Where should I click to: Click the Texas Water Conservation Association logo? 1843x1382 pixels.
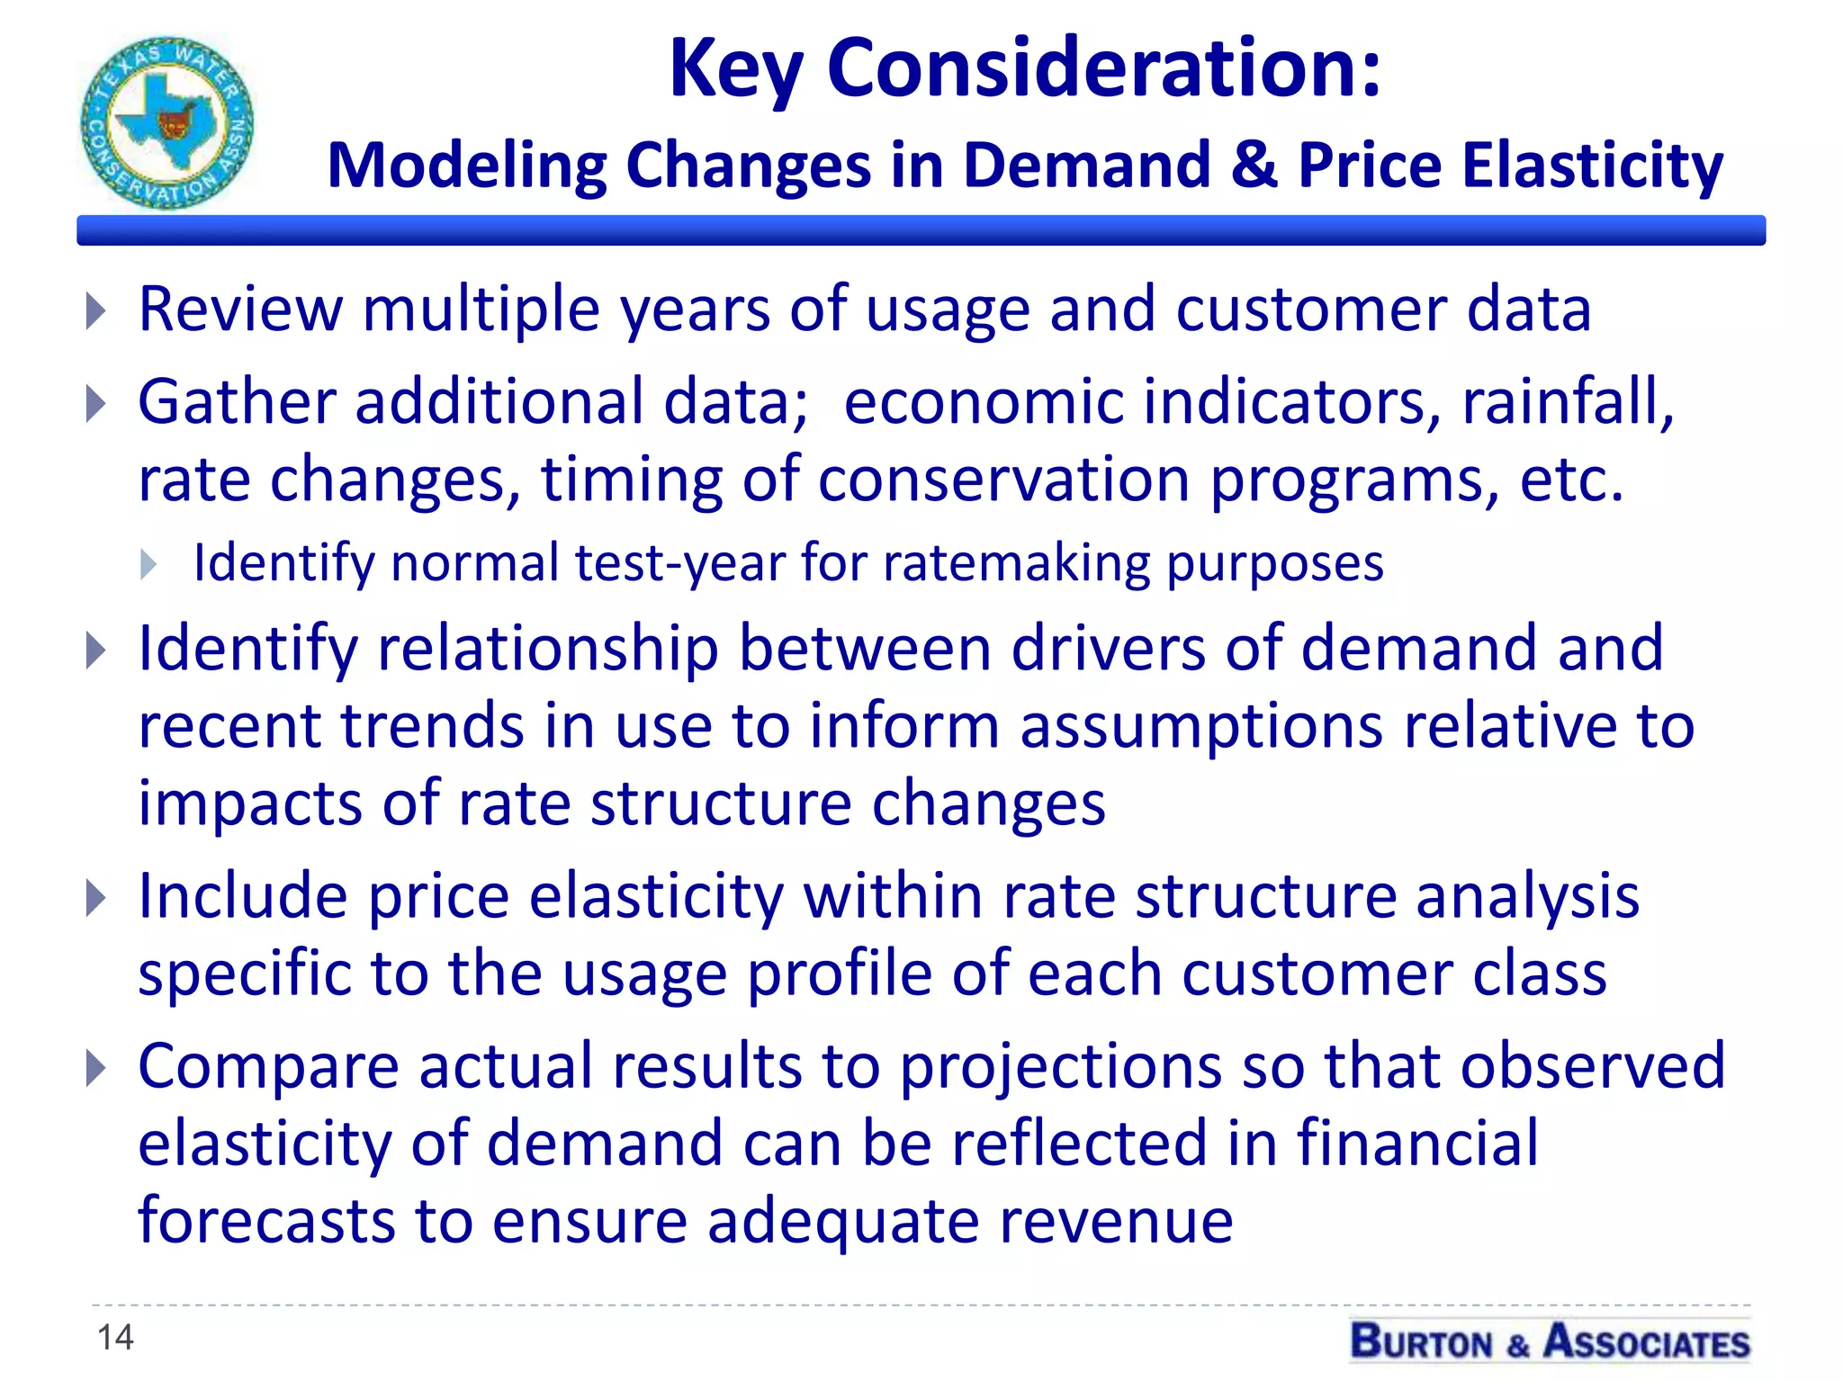coord(167,122)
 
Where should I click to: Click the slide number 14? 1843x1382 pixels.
coord(115,1337)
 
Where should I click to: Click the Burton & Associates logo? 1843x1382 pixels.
coord(1550,1341)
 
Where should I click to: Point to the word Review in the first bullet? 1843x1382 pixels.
coord(240,309)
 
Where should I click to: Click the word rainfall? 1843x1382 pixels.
coord(1567,400)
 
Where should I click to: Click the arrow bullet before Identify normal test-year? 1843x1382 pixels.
coord(149,565)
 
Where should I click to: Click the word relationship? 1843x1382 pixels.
coord(548,648)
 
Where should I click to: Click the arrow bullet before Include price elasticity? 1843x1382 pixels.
coord(96,897)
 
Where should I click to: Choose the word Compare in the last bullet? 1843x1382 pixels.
coord(268,1067)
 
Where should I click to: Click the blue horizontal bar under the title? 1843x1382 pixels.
coord(921,230)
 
